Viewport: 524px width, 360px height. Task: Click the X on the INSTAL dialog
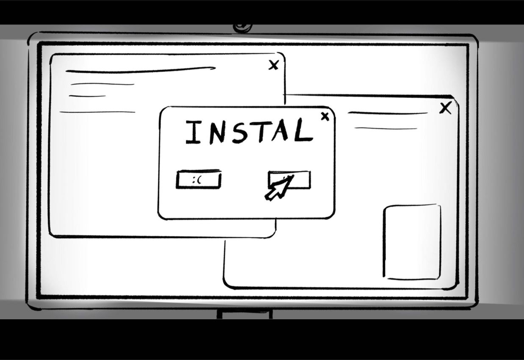(325, 116)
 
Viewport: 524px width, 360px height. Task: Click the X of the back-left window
(274, 65)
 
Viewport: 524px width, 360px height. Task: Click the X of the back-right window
(445, 108)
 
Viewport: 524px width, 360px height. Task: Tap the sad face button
(198, 180)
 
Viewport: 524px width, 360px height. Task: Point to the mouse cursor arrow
(278, 188)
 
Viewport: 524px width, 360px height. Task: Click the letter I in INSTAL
(193, 132)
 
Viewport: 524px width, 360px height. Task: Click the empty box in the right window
(412, 242)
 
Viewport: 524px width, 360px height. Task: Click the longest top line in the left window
(140, 70)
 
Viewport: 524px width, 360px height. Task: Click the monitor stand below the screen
(244, 314)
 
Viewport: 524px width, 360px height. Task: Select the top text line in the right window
(388, 113)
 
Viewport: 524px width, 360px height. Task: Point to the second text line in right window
(385, 128)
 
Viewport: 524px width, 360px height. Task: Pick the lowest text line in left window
(97, 112)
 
